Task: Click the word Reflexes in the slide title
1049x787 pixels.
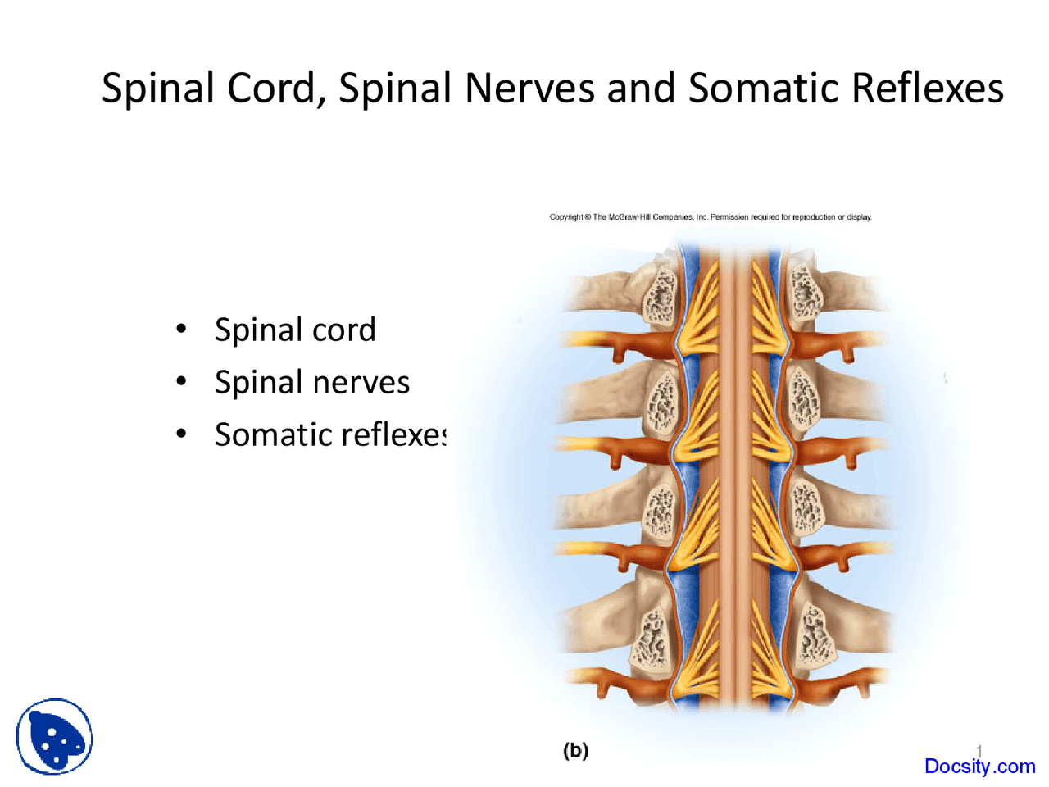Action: click(x=927, y=88)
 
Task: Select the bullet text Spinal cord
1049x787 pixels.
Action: click(x=295, y=330)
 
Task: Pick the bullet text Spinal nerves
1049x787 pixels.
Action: click(x=311, y=382)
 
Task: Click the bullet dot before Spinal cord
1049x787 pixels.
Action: click(x=181, y=330)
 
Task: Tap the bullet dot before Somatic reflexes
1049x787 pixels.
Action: click(x=181, y=434)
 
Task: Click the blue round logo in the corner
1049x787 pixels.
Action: click(x=55, y=737)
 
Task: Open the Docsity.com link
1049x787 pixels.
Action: click(x=979, y=767)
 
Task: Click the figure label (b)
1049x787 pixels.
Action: click(x=575, y=750)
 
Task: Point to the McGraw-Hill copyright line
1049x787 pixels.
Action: click(x=710, y=217)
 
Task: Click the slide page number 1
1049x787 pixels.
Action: click(x=979, y=750)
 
